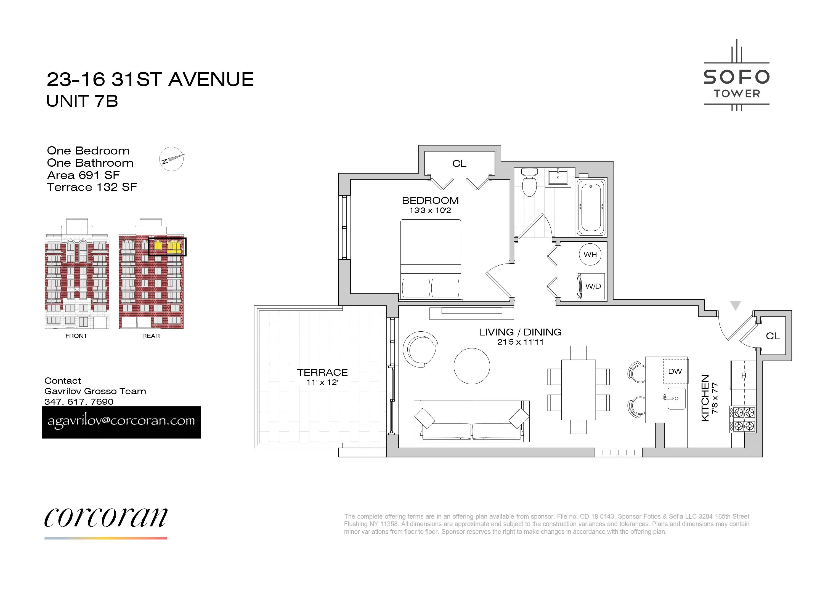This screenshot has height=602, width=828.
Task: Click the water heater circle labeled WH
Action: (x=590, y=254)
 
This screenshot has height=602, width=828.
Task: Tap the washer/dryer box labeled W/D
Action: (x=591, y=286)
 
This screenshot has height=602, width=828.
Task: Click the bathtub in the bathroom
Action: (x=591, y=207)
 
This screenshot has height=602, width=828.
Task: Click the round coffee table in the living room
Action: (x=472, y=366)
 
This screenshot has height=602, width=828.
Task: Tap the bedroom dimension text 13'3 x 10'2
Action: (x=430, y=210)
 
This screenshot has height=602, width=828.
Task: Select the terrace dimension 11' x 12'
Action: (x=322, y=382)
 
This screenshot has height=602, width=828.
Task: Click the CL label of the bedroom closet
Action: (x=459, y=163)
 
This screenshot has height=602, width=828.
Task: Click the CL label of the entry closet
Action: (x=773, y=336)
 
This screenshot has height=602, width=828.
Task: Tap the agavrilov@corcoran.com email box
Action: (x=121, y=422)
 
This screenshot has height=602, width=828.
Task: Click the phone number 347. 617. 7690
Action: (x=79, y=401)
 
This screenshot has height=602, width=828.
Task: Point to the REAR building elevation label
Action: (x=151, y=336)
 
